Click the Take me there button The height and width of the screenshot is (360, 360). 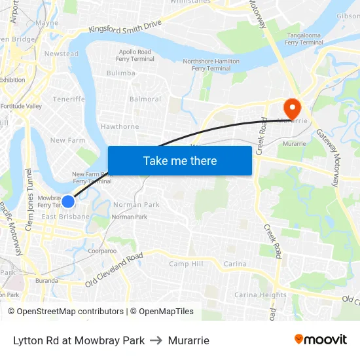click(179, 160)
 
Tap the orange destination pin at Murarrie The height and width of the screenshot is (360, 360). click(291, 107)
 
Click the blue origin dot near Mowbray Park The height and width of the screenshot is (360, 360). click(68, 202)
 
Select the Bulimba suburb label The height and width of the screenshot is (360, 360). click(120, 73)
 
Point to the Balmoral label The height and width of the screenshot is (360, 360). click(145, 99)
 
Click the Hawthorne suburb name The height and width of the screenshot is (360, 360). click(120, 126)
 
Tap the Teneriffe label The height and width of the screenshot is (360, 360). click(69, 99)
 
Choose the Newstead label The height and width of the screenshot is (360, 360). click(61, 54)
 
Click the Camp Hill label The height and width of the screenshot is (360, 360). click(186, 264)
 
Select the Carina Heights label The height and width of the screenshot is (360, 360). click(261, 295)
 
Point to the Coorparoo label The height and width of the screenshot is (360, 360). click(102, 251)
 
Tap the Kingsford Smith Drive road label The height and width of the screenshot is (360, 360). click(125, 27)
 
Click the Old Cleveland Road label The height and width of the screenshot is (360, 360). click(114, 270)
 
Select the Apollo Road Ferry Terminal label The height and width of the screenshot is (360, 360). click(135, 55)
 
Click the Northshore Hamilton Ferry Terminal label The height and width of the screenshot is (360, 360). click(211, 65)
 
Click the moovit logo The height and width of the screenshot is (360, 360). click(320, 340)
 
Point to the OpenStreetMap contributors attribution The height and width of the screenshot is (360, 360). click(66, 312)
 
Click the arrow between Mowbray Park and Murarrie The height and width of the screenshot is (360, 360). click(156, 340)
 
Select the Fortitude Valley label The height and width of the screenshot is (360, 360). click(21, 106)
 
